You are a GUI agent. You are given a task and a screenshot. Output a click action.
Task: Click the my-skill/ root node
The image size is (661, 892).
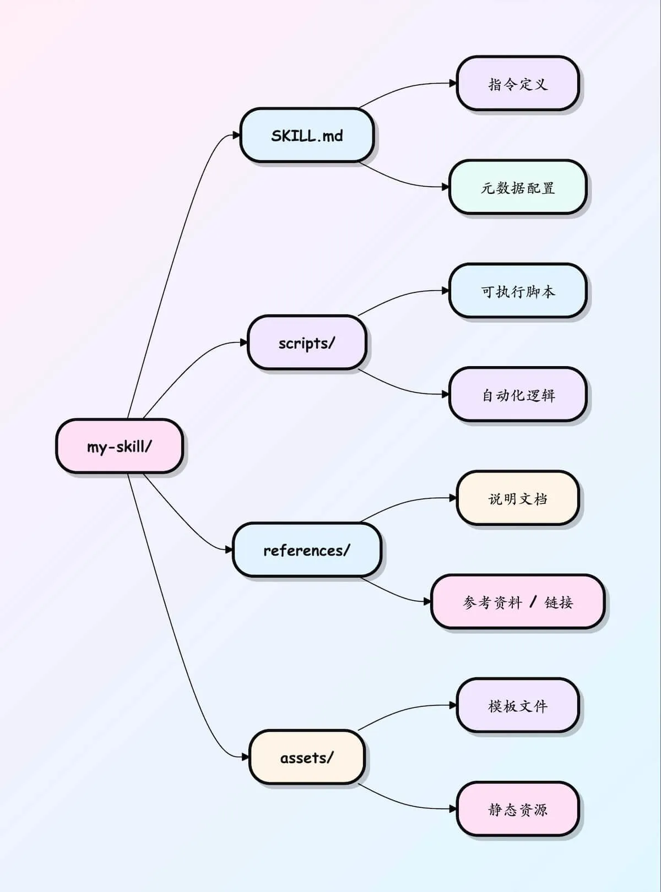[120, 446]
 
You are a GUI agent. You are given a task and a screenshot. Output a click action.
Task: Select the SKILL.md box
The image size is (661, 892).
[307, 135]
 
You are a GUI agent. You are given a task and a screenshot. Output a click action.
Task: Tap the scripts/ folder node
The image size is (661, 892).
[307, 342]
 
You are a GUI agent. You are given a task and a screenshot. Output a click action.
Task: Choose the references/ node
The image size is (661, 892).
[307, 550]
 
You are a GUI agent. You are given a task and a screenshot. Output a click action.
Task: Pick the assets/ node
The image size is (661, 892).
[307, 757]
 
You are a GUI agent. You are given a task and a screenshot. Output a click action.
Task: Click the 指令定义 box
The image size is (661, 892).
[518, 84]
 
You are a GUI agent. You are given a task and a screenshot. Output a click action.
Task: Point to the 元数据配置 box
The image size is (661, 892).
[518, 187]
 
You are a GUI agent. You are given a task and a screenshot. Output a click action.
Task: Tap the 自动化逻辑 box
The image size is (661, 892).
[518, 395]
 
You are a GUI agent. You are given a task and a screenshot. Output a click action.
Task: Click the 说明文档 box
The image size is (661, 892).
[518, 498]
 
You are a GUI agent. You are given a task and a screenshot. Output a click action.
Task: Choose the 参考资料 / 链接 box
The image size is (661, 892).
[518, 602]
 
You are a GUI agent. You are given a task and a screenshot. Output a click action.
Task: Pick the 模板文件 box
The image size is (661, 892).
[518, 705]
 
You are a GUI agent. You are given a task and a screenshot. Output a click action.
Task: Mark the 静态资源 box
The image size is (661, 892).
[518, 809]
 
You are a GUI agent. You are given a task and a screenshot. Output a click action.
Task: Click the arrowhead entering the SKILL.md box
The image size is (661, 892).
[236, 135]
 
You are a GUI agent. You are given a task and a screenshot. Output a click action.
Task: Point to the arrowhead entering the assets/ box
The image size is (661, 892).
[246, 757]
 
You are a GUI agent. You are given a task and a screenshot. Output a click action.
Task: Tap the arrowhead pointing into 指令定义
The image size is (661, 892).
[453, 84]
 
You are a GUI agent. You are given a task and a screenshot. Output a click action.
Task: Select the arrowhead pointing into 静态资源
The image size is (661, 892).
[453, 809]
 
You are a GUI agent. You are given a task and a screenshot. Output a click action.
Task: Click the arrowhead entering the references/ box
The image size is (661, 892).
[229, 550]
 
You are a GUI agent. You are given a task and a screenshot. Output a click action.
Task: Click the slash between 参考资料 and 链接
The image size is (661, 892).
[533, 602]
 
